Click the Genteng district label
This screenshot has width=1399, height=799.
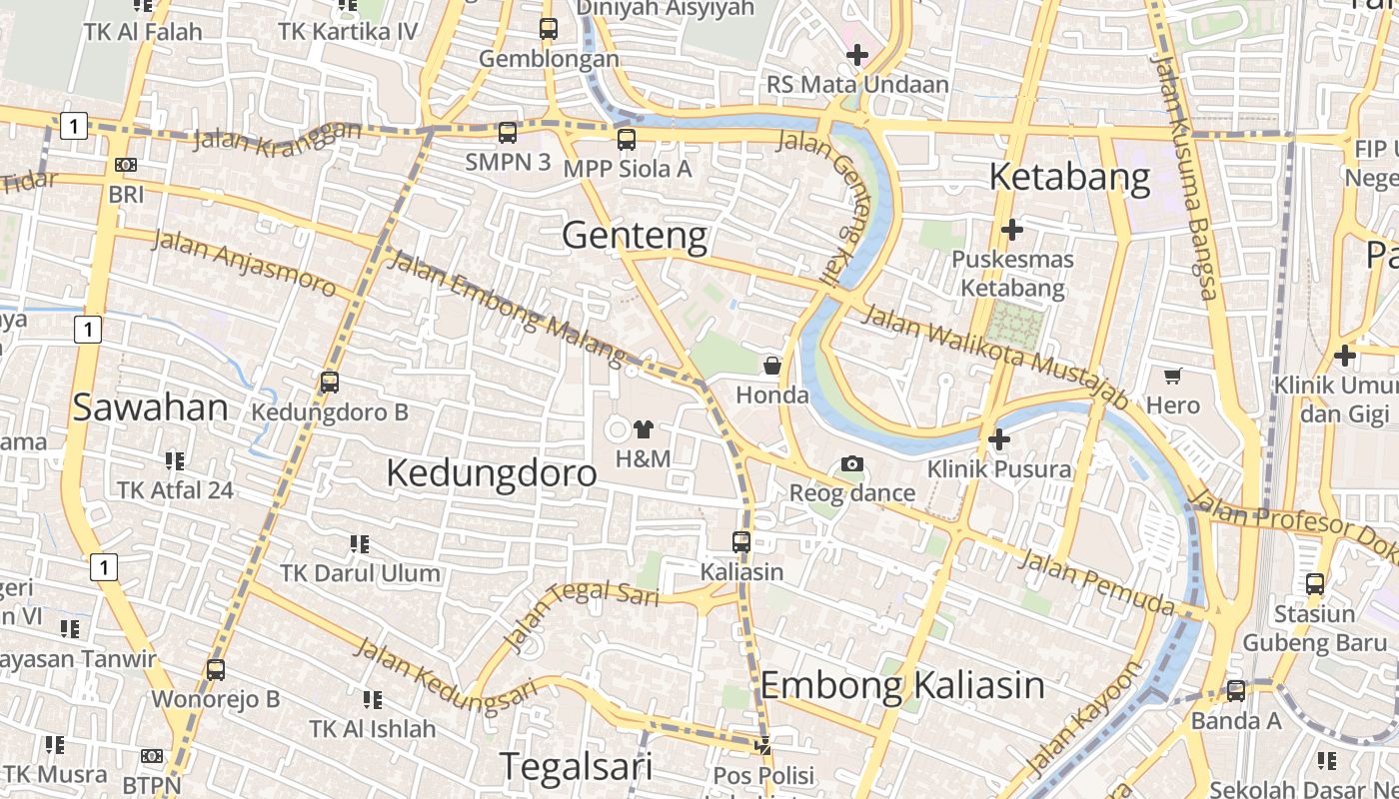pyautogui.click(x=635, y=237)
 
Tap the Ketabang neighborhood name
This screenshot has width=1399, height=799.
pyautogui.click(x=1069, y=178)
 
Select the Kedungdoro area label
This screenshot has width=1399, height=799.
pyautogui.click(x=492, y=472)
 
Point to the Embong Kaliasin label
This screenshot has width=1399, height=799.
pyautogui.click(x=902, y=686)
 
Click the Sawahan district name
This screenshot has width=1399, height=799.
pyautogui.click(x=151, y=407)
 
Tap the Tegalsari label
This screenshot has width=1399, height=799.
pyautogui.click(x=576, y=766)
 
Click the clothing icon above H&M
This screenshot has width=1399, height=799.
pyautogui.click(x=643, y=429)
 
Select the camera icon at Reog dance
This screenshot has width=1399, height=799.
pyautogui.click(x=852, y=463)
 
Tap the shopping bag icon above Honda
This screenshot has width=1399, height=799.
pyautogui.click(x=772, y=366)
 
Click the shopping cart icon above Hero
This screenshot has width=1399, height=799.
pyautogui.click(x=1172, y=377)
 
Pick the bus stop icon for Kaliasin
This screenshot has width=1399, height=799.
pyautogui.click(x=741, y=542)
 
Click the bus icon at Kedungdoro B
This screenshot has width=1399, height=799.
pyautogui.click(x=329, y=382)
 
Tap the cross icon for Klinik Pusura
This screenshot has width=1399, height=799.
pyautogui.click(x=998, y=439)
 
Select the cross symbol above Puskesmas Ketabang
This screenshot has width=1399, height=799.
pyautogui.click(x=1012, y=230)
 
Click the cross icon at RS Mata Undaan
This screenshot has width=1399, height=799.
pyautogui.click(x=856, y=55)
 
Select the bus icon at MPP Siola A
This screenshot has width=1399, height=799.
pyautogui.click(x=627, y=140)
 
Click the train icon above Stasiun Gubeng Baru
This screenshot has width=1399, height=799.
pyautogui.click(x=1315, y=584)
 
